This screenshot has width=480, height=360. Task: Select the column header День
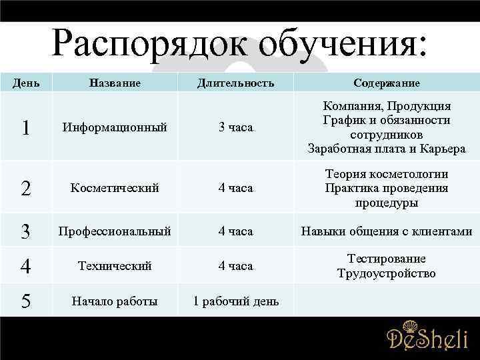pyautogui.click(x=26, y=83)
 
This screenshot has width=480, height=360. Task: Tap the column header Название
pyautogui.click(x=115, y=83)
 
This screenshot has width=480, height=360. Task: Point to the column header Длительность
pyautogui.click(x=236, y=83)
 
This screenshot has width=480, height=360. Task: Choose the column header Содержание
pyautogui.click(x=387, y=83)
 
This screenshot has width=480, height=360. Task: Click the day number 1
pyautogui.click(x=25, y=128)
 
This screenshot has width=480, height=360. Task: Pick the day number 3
pyautogui.click(x=25, y=231)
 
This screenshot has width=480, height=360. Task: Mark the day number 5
pyautogui.click(x=25, y=301)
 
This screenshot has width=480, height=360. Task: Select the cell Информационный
pyautogui.click(x=115, y=127)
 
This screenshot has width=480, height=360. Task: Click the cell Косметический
pyautogui.click(x=115, y=188)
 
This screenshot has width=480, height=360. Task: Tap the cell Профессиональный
pyautogui.click(x=115, y=231)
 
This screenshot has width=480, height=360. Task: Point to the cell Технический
pyautogui.click(x=115, y=266)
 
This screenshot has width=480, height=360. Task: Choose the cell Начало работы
pyautogui.click(x=115, y=301)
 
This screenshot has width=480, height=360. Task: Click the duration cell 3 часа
pyautogui.click(x=236, y=127)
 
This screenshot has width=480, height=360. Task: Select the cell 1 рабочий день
pyautogui.click(x=236, y=301)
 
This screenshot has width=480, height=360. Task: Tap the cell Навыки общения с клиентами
pyautogui.click(x=387, y=231)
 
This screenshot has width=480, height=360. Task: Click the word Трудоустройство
pyautogui.click(x=387, y=273)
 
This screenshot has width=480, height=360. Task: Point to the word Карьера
pyautogui.click(x=441, y=149)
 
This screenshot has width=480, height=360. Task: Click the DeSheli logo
pyautogui.click(x=427, y=338)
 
